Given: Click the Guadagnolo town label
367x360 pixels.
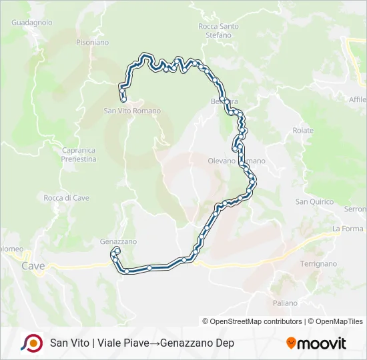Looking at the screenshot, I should tap(32, 22).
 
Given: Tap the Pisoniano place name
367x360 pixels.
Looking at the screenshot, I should tap(92, 42).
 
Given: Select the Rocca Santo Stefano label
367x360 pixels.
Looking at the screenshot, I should tap(218, 31).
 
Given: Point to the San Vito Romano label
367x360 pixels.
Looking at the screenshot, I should tap(132, 111).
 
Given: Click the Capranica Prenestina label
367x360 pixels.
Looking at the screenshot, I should tap(79, 155).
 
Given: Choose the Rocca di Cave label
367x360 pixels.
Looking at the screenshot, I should tap(67, 198).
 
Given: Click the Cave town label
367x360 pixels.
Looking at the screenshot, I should tap(33, 266).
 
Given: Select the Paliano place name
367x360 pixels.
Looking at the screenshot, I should tap(285, 303).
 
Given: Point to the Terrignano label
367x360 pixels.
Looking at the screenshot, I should tap(318, 264).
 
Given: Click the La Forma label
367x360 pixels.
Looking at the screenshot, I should tap(348, 229).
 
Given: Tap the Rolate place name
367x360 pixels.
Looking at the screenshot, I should tap(303, 131).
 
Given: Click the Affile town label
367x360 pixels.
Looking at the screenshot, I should tap(358, 99).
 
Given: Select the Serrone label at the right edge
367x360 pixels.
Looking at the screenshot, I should tap(355, 209).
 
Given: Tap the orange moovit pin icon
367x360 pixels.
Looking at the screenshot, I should tap(291, 343).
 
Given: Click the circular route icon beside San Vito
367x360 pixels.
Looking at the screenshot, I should tap(31, 343).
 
